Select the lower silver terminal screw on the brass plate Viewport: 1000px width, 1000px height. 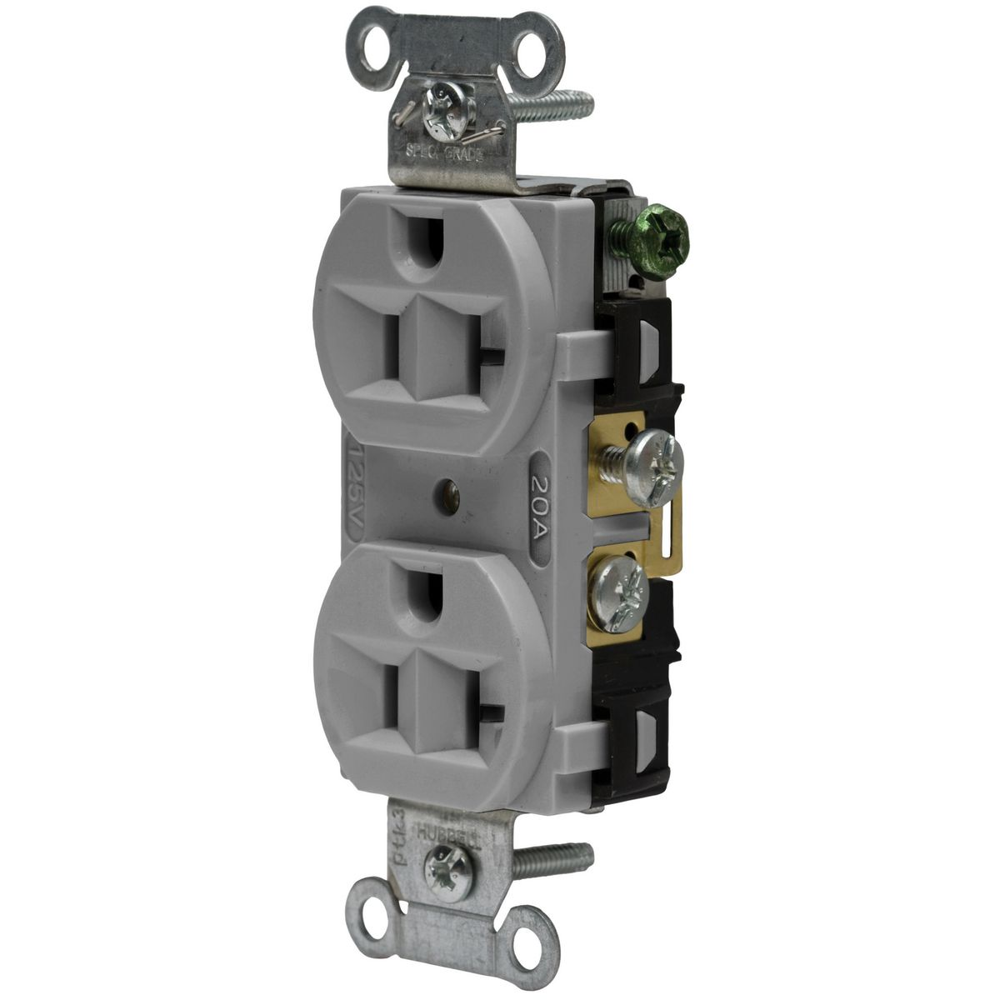coord(617,582)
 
